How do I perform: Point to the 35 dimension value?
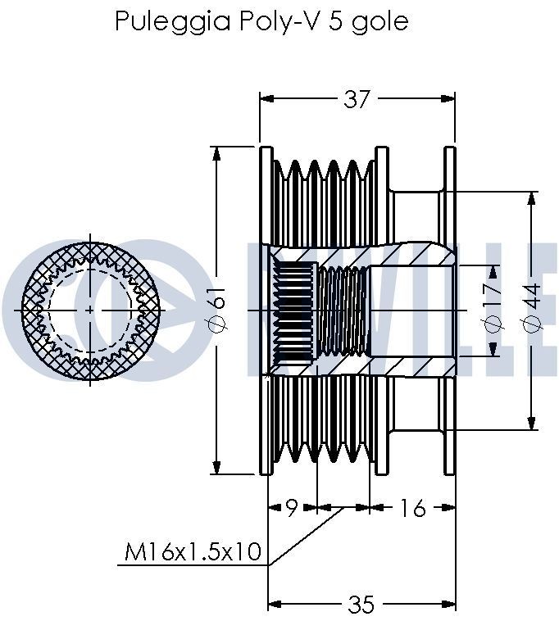click(x=361, y=605)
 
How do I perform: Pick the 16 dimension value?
click(x=413, y=509)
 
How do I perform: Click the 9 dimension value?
click(x=291, y=509)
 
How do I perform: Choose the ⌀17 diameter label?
click(x=492, y=310)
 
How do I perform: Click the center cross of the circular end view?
click(x=89, y=310)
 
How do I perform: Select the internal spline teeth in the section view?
click(x=293, y=310)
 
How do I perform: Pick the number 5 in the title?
click(x=334, y=20)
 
